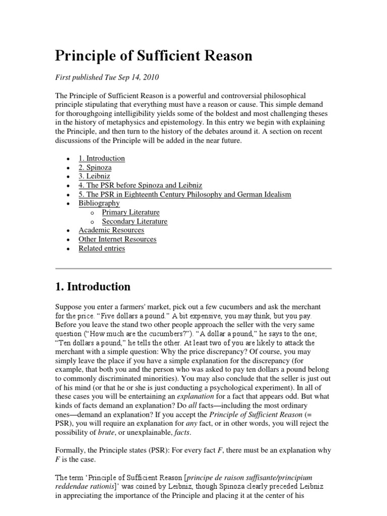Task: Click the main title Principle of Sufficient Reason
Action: click(153, 55)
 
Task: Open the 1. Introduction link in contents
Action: click(101, 158)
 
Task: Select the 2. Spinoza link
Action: click(95, 167)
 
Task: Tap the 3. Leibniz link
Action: click(94, 176)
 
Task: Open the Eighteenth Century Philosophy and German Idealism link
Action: click(184, 195)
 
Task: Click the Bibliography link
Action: click(99, 203)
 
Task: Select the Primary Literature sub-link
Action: click(131, 212)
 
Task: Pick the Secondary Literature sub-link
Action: click(135, 221)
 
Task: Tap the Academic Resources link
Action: click(111, 230)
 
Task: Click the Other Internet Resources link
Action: click(117, 239)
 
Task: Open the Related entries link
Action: click(101, 248)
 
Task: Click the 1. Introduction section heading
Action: click(93, 287)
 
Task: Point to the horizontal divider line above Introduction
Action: click(193, 268)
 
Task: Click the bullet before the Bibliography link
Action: click(68, 204)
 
